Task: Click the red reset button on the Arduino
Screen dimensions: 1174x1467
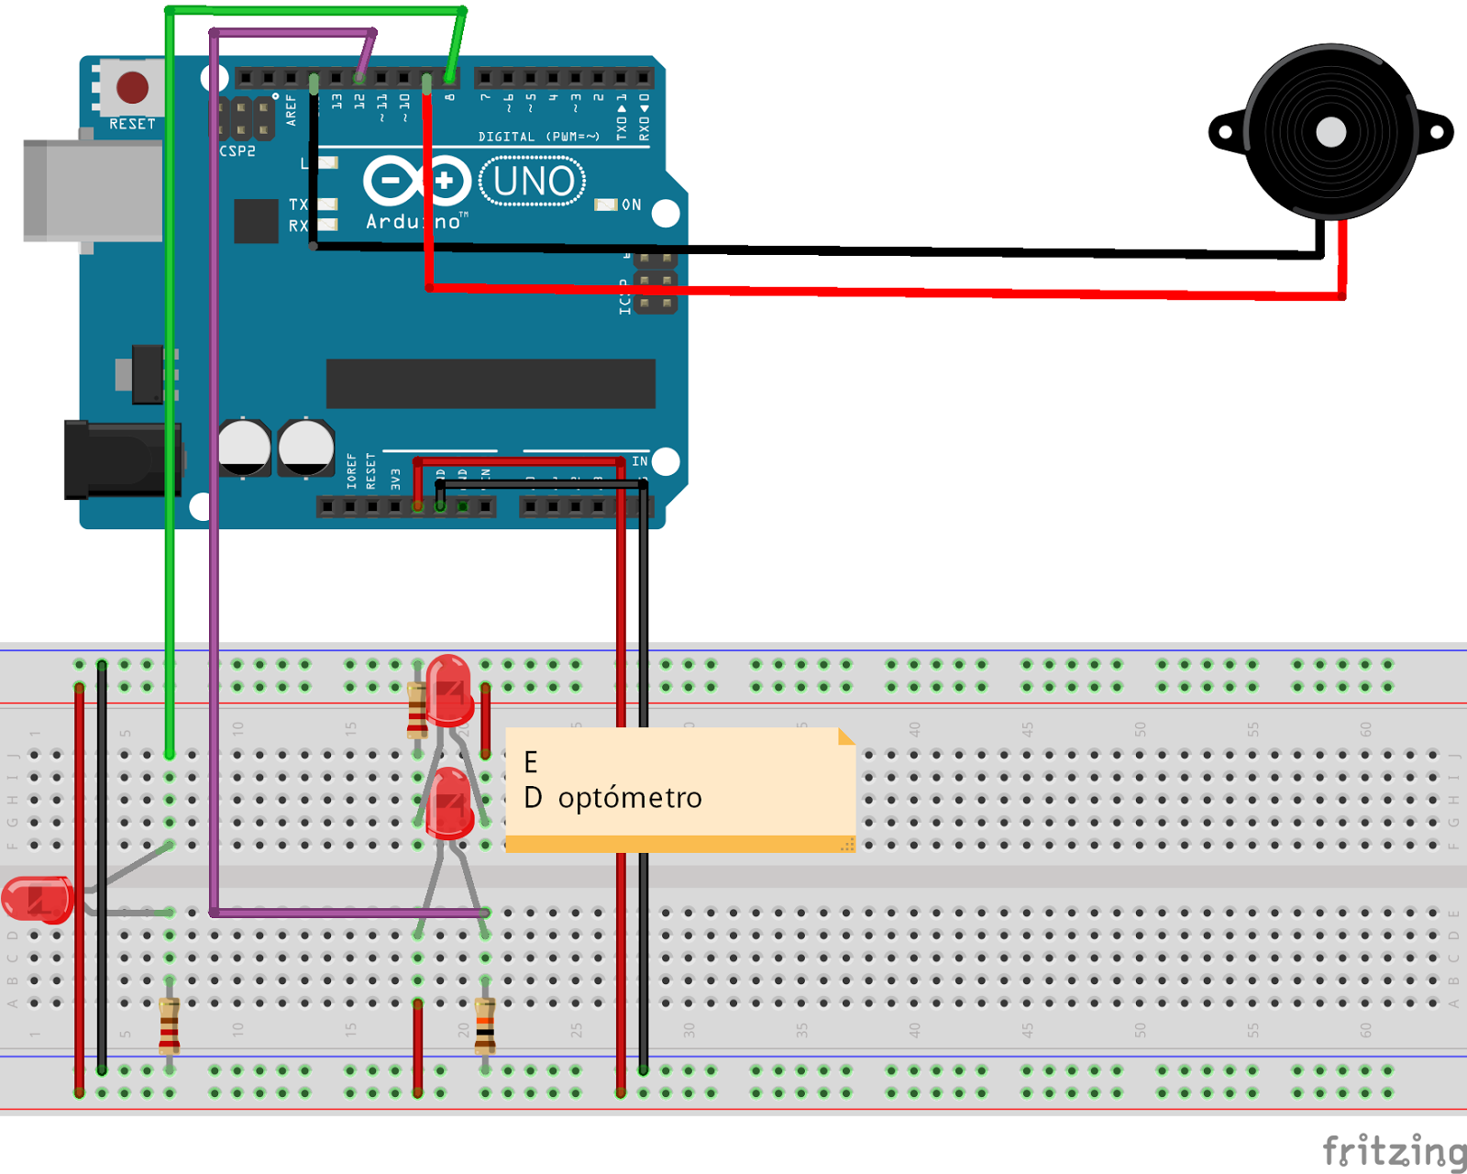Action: pyautogui.click(x=133, y=88)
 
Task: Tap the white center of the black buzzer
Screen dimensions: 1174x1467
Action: pyautogui.click(x=1330, y=133)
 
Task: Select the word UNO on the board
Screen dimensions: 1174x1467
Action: pyautogui.click(x=534, y=182)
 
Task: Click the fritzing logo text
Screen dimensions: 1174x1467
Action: pyautogui.click(x=1394, y=1150)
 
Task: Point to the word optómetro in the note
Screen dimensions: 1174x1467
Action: pyautogui.click(x=630, y=798)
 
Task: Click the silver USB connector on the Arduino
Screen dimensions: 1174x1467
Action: pyautogui.click(x=92, y=191)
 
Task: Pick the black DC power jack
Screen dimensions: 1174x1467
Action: pyautogui.click(x=119, y=460)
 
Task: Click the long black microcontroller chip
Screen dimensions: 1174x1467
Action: pyautogui.click(x=491, y=382)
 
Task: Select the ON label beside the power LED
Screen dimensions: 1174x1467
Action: pyautogui.click(x=632, y=205)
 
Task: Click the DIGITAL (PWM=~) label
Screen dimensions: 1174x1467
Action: pyautogui.click(x=539, y=137)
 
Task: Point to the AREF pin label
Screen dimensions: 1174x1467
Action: pyautogui.click(x=292, y=110)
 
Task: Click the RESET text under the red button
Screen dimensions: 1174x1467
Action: pyautogui.click(x=133, y=124)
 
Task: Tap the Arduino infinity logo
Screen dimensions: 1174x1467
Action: pyautogui.click(x=417, y=181)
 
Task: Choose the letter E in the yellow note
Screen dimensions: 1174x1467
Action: pyautogui.click(x=531, y=762)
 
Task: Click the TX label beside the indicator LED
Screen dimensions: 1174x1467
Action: pyautogui.click(x=298, y=205)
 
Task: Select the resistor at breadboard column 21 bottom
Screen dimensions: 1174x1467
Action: pyautogui.click(x=485, y=1024)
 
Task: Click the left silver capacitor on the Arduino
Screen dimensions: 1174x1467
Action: pyautogui.click(x=244, y=448)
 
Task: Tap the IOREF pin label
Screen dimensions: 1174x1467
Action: pyautogui.click(x=352, y=471)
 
